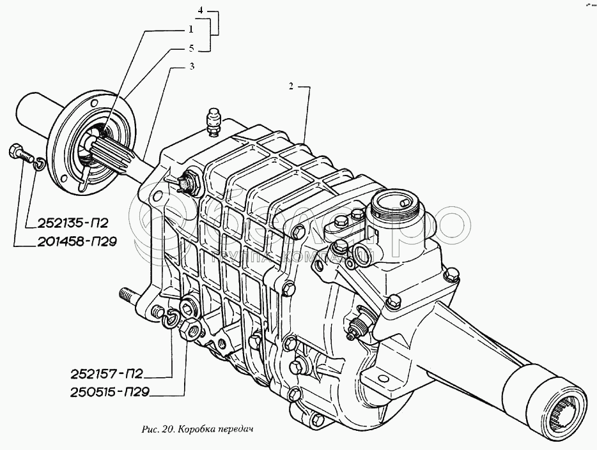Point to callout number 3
pyautogui.click(x=191, y=66)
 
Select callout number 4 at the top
pyautogui.click(x=201, y=11)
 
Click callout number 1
pyautogui.click(x=190, y=29)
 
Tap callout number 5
pyautogui.click(x=190, y=47)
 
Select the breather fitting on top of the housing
pyautogui.click(x=213, y=121)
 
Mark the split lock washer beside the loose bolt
pyautogui.click(x=38, y=165)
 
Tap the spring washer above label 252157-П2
pyautogui.click(x=170, y=317)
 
